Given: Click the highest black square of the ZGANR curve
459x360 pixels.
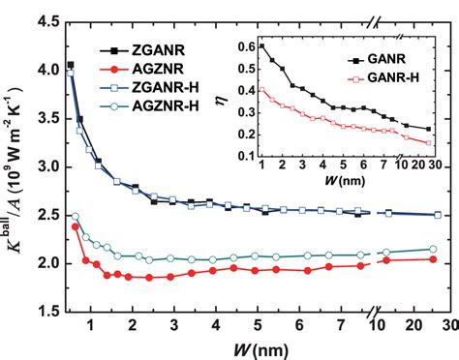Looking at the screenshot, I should pos(70,65).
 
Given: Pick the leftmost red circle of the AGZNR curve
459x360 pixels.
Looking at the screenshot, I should pos(75,226).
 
